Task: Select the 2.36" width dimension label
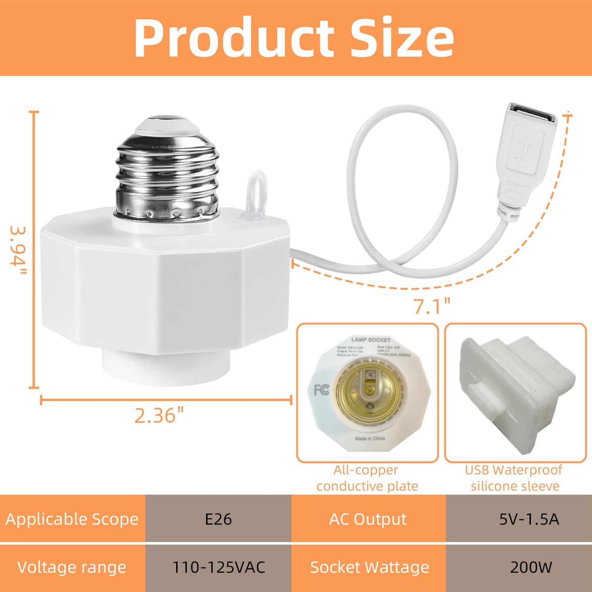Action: coord(159,415)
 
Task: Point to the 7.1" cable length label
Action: coord(431,306)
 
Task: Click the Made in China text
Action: coord(370,438)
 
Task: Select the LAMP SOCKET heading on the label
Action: coord(371,340)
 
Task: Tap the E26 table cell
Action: coord(218,519)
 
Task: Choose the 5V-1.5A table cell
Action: coord(528,519)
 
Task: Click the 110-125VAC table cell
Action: coord(218,567)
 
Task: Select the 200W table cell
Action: coord(531,567)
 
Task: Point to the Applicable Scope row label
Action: coord(72,519)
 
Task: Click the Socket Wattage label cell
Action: coord(369,567)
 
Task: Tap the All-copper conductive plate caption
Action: coord(367,478)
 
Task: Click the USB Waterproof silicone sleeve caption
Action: coord(515,478)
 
